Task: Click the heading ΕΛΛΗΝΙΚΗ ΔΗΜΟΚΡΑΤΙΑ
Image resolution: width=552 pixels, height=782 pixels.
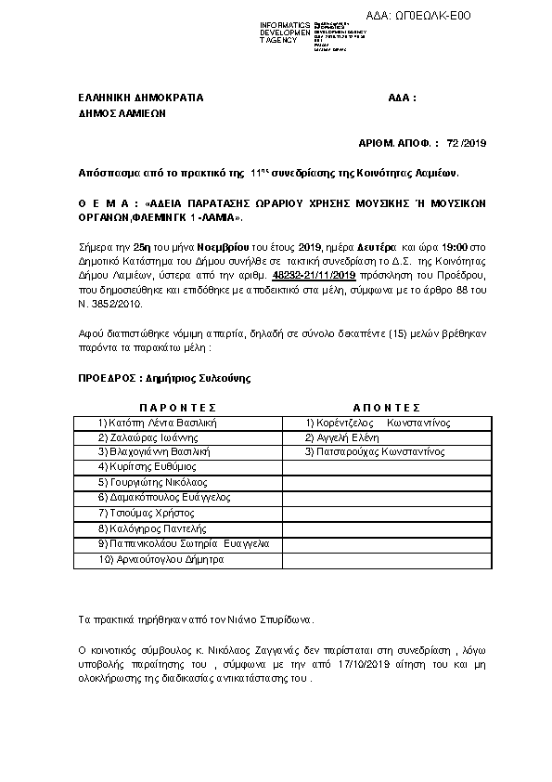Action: tap(140, 98)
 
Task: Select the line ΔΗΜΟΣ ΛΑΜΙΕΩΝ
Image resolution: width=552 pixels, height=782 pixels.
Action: tap(122, 115)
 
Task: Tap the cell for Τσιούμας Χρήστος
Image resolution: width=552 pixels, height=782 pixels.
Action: tap(145, 513)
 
